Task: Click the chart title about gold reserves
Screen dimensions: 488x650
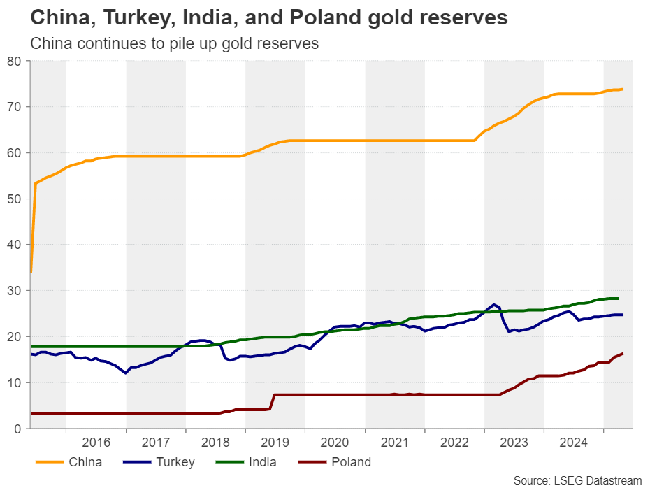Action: tap(269, 17)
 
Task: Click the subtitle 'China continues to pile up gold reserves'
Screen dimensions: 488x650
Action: tap(175, 43)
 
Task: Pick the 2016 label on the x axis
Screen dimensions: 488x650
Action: tap(96, 442)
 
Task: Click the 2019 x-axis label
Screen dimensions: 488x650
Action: tap(275, 442)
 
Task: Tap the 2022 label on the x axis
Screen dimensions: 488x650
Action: tap(454, 442)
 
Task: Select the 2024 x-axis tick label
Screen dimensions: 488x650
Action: tap(574, 442)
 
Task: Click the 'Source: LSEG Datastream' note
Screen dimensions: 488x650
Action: tap(577, 480)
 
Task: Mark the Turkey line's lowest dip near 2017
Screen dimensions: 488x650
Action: tap(126, 373)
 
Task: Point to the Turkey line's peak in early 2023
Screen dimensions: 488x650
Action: tap(494, 305)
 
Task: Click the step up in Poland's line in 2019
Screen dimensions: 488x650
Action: tap(272, 401)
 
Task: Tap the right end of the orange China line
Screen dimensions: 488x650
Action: tap(622, 89)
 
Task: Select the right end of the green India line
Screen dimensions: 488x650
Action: tap(616, 299)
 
